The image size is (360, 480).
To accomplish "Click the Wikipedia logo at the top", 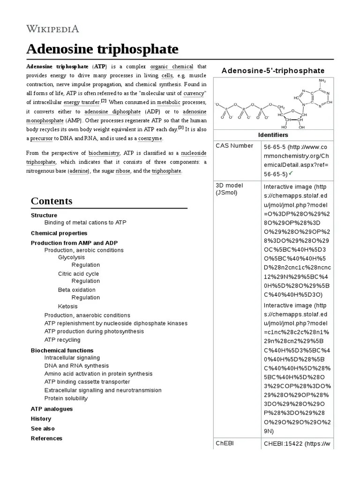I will click(52, 29).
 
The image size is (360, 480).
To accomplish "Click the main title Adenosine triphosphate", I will click(102, 49).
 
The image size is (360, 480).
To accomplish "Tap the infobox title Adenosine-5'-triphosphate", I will click(273, 70).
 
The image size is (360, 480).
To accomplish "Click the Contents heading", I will click(52, 201).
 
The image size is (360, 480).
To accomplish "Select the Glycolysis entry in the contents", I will click(71, 257).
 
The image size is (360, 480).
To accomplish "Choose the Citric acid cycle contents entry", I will click(78, 274).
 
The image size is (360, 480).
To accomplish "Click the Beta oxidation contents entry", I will click(76, 290).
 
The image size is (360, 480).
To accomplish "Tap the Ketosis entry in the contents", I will click(68, 306).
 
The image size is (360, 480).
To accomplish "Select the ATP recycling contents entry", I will click(62, 340).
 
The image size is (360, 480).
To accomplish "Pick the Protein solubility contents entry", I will click(66, 398).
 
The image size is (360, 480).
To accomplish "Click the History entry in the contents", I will click(41, 419).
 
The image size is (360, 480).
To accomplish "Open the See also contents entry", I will click(43, 428).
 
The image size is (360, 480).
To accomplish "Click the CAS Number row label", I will click(234, 146).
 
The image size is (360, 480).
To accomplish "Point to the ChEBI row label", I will click(225, 443).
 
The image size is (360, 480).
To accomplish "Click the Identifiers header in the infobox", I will click(273, 135).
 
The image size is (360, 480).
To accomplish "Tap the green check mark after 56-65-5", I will click(291, 173).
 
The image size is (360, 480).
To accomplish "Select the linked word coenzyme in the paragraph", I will click(150, 139).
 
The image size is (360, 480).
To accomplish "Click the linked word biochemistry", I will click(104, 153).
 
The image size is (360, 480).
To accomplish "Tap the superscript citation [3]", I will click(180, 128).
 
